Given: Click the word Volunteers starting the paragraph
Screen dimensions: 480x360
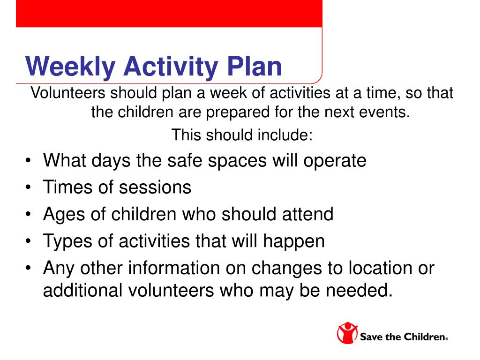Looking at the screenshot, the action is click(x=68, y=93).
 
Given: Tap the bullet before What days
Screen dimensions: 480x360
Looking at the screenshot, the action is click(x=28, y=160).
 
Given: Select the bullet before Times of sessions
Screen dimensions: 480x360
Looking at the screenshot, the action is click(x=28, y=187).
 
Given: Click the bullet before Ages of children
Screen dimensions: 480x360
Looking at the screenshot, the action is click(x=28, y=214).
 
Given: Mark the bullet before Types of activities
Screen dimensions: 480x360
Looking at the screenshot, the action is click(x=28, y=241).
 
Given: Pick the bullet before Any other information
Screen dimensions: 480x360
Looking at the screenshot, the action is click(x=28, y=268).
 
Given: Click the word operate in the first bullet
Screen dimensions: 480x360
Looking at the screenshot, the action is click(x=335, y=161).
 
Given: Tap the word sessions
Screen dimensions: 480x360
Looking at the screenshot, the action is click(x=155, y=187).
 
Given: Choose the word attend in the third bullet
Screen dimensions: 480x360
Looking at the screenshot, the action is click(x=307, y=214).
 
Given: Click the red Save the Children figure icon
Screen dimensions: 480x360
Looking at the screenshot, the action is click(x=347, y=333).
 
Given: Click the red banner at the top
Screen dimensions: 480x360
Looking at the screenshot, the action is click(x=169, y=14).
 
